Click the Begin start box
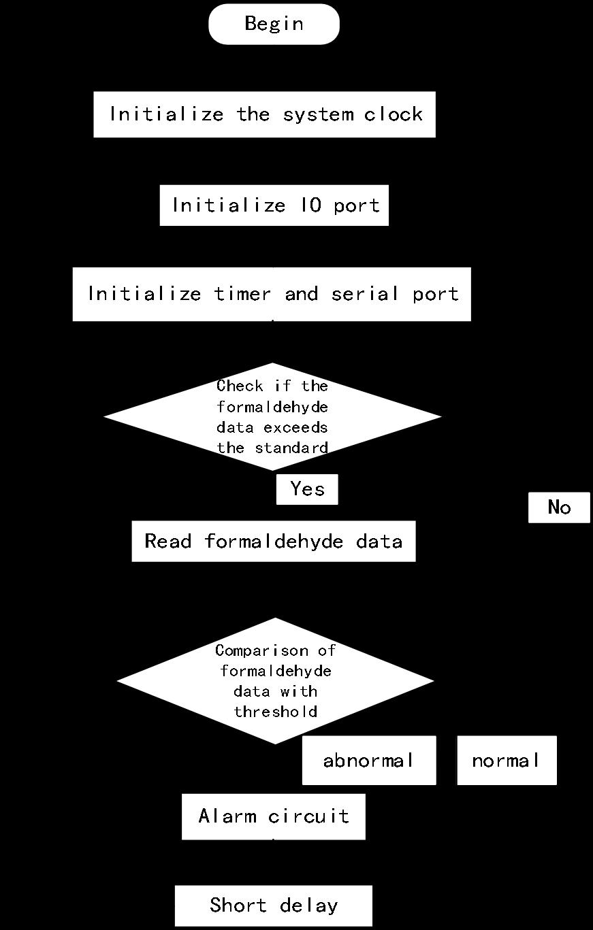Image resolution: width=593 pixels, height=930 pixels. (x=274, y=24)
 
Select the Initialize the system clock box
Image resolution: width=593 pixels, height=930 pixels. (x=264, y=114)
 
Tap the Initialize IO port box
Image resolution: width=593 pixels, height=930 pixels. (x=274, y=205)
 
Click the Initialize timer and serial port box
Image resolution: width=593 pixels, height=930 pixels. (x=272, y=294)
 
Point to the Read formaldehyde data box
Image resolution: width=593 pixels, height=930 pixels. (x=273, y=542)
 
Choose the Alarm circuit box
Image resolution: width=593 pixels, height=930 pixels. (x=273, y=816)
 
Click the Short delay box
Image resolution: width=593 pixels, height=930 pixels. (x=273, y=906)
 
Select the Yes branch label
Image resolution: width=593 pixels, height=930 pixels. (x=307, y=489)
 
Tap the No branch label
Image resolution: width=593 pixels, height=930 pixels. (x=559, y=508)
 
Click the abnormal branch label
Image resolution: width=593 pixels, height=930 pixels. (x=368, y=761)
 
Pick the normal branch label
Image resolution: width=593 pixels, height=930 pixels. (x=507, y=761)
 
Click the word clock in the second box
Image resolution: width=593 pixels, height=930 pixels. (x=394, y=114)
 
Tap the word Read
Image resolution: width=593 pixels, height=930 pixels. (x=169, y=542)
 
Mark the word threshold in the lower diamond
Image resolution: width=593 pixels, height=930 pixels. (x=276, y=712)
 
